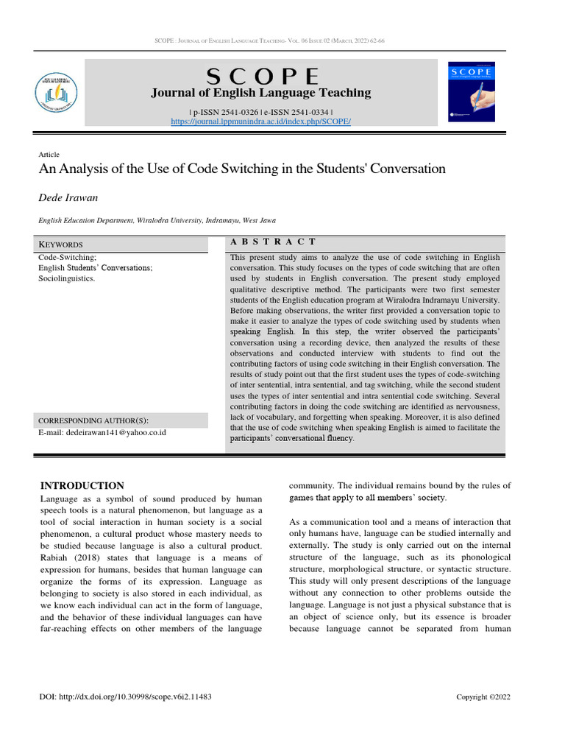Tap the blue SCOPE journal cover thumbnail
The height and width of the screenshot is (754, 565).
tap(472, 91)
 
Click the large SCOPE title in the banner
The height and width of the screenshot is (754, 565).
tap(262, 76)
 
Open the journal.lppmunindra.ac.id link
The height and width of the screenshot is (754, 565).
tap(261, 121)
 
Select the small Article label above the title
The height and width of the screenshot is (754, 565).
tap(49, 154)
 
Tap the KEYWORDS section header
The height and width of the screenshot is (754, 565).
tap(60, 244)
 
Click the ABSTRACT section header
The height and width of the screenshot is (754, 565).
tap(273, 242)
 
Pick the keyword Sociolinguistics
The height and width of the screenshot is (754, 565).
tap(66, 280)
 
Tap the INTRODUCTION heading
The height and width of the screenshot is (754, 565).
tap(82, 486)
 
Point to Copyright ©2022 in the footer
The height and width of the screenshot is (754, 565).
tap(483, 697)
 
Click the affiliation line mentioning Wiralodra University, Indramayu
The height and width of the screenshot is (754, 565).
tap(157, 220)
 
